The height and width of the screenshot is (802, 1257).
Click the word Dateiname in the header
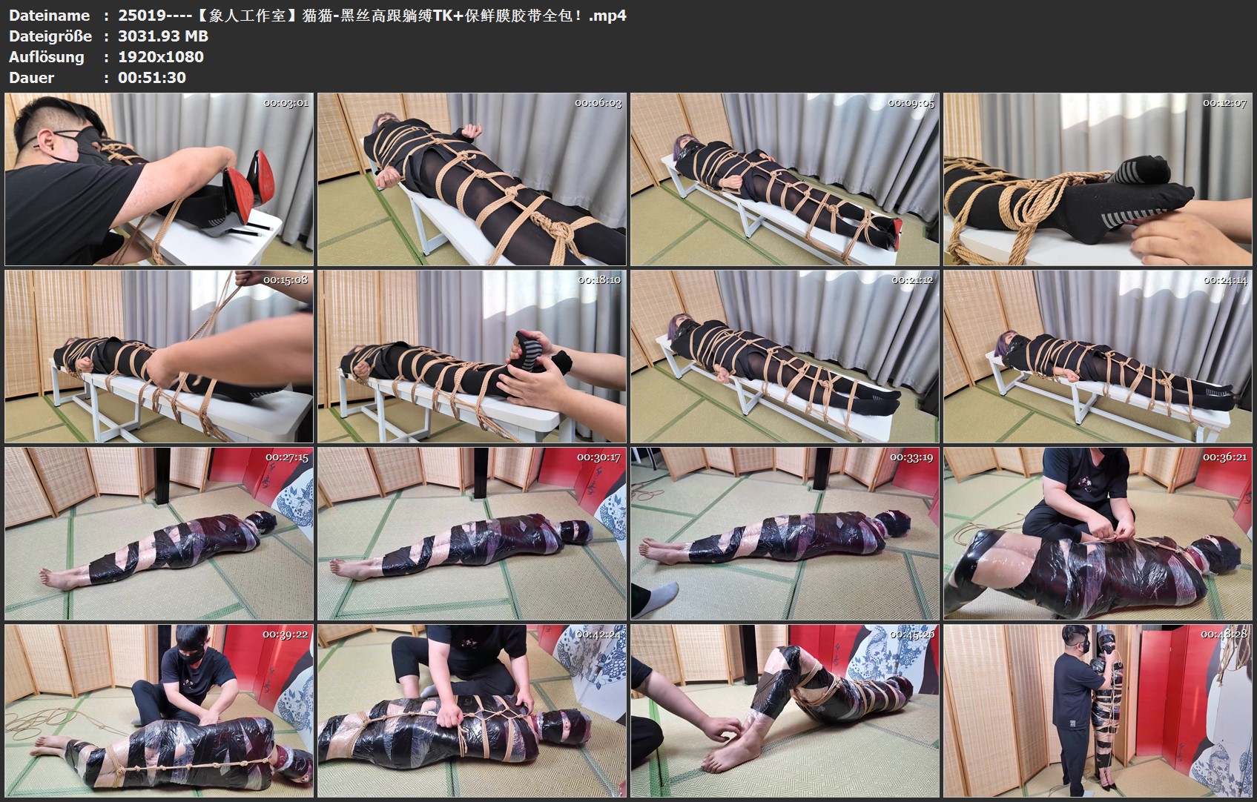(x=50, y=16)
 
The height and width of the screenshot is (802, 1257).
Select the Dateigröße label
(x=50, y=36)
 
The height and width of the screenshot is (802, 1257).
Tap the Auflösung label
(x=47, y=57)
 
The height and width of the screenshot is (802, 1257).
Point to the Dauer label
(x=31, y=78)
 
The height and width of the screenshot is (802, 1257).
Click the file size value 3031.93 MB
(x=163, y=36)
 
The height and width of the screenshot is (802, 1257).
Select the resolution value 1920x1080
(x=161, y=57)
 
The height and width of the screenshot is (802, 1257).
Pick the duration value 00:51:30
(x=152, y=78)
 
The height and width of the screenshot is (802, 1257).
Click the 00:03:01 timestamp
(x=286, y=103)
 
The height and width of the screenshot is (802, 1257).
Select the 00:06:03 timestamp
(x=598, y=103)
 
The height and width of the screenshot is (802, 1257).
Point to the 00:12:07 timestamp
(x=1224, y=103)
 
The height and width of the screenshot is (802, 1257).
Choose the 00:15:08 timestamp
(x=286, y=280)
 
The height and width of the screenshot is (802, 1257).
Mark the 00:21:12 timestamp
(x=912, y=280)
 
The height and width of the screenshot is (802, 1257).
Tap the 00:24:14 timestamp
(x=1224, y=280)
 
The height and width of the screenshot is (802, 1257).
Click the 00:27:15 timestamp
(x=287, y=457)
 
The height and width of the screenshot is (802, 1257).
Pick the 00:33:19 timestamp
(x=911, y=457)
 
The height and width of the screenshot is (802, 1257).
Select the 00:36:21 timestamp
(x=1224, y=457)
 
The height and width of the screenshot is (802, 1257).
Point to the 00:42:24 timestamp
(x=598, y=635)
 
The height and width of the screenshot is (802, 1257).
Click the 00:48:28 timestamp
(x=1224, y=635)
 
